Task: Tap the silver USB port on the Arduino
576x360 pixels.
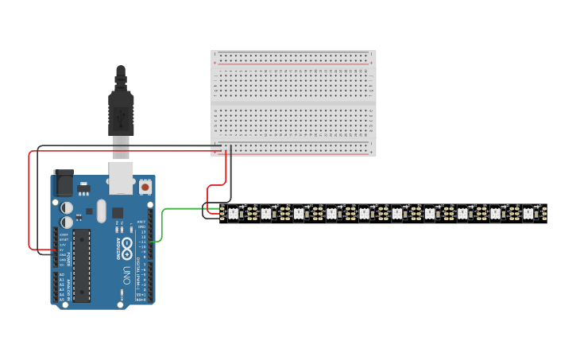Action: coord(121,180)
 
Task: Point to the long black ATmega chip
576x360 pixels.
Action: coord(81,265)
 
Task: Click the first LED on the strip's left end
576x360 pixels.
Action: coord(234,213)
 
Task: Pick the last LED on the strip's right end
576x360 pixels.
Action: coord(528,213)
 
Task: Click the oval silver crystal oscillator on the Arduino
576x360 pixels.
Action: coord(101,211)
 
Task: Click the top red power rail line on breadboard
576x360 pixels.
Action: coord(293,62)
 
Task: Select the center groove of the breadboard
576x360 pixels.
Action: coord(293,104)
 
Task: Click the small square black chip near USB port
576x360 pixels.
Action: coord(118,212)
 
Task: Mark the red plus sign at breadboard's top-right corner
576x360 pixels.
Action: coord(370,62)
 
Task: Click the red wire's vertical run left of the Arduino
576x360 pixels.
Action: coord(29,199)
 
